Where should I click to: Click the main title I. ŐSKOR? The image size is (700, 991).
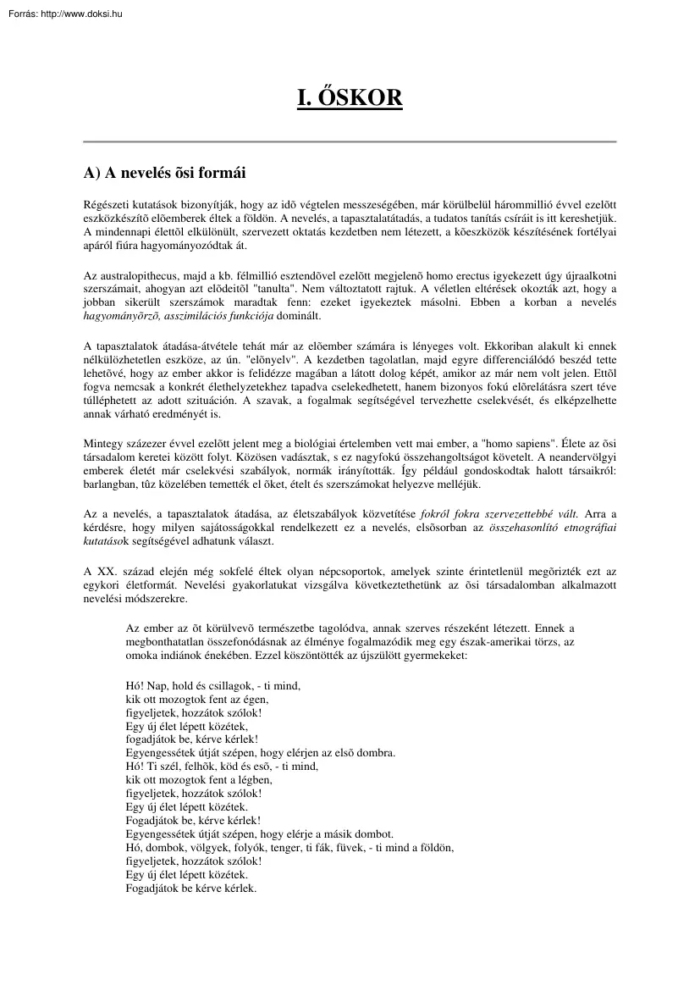tap(350, 99)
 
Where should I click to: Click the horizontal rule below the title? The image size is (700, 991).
tap(350, 141)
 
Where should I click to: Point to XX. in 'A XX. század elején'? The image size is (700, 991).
tap(106, 572)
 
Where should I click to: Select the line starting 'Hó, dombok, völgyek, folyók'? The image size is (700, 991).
tap(288, 847)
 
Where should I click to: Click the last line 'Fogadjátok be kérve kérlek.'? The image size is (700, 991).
tap(190, 888)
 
